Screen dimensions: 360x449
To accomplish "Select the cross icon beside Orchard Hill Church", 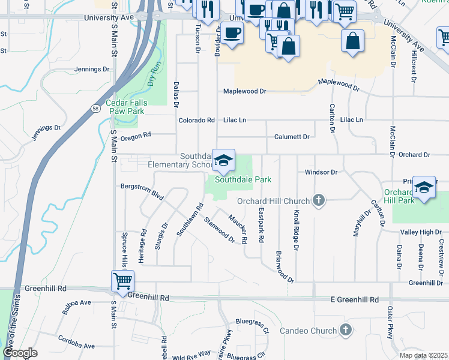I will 319,201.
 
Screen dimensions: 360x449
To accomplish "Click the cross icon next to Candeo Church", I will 345,330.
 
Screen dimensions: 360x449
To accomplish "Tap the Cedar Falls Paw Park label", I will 125,107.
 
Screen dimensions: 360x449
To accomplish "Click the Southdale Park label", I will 243,179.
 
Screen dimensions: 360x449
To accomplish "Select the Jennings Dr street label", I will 92,69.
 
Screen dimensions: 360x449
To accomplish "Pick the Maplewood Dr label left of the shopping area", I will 244,91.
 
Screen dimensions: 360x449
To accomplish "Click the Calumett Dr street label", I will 292,137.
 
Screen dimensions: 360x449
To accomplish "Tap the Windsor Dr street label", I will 322,172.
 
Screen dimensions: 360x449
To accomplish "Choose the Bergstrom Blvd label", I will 142,191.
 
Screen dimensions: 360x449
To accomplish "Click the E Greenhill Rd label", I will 355,299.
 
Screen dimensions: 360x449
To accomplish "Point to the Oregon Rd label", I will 136,136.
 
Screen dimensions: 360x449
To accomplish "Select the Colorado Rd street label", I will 196,120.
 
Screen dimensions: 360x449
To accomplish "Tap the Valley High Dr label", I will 421,232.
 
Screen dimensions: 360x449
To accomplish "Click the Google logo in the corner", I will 20,353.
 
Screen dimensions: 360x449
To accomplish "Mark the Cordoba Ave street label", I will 76,343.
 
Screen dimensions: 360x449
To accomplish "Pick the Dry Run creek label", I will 153,72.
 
